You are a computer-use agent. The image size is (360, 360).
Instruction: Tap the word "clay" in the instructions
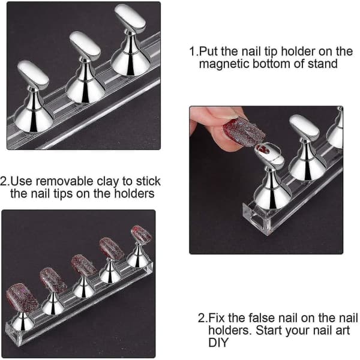(107, 181)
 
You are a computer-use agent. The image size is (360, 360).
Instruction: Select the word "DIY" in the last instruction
(218, 343)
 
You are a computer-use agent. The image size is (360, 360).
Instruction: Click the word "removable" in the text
(65, 181)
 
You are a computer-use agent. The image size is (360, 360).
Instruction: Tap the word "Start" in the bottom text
(268, 330)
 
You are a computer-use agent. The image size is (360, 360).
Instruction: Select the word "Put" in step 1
(208, 51)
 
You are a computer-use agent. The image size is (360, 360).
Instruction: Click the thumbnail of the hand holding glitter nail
(266, 180)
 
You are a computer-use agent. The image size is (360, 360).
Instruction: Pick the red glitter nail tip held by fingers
(244, 131)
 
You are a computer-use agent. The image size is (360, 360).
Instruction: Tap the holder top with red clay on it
(269, 155)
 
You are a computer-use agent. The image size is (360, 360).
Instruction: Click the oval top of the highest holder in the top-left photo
(130, 17)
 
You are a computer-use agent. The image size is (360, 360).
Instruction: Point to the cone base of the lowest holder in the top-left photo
(34, 119)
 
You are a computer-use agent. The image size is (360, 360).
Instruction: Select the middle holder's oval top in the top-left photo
(85, 45)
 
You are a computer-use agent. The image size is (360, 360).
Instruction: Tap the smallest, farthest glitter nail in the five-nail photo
(142, 235)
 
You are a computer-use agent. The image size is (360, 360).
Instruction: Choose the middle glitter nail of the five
(83, 265)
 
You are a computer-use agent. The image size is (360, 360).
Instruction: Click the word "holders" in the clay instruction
(134, 193)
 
